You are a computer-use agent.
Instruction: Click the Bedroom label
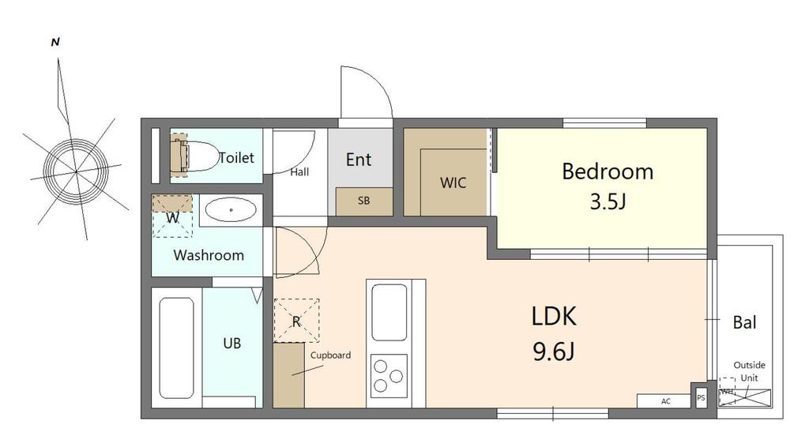coord(608,171)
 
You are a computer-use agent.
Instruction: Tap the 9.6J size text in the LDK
coord(554,352)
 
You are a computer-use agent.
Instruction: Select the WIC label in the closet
coord(453,182)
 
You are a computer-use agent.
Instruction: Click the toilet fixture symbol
coord(194,156)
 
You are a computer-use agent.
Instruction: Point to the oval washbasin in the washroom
coord(231,210)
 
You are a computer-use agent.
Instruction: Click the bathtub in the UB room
coord(176,348)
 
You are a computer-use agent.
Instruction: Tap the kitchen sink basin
coord(389,313)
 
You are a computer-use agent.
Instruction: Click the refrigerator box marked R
coord(296,321)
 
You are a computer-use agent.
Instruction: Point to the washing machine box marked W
coord(172,216)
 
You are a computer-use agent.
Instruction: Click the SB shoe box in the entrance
coord(363,201)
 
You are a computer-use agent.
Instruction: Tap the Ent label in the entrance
coord(359,160)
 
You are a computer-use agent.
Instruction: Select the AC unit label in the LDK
coord(665,401)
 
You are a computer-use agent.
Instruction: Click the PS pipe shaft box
coord(701,397)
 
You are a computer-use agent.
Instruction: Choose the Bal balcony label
coord(744,322)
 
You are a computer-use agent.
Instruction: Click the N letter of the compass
coord(55,43)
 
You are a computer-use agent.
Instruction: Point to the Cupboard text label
coord(330,355)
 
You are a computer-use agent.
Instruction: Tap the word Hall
coord(299,171)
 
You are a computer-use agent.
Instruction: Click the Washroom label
coord(209,255)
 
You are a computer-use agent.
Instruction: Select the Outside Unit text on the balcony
coord(749,371)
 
